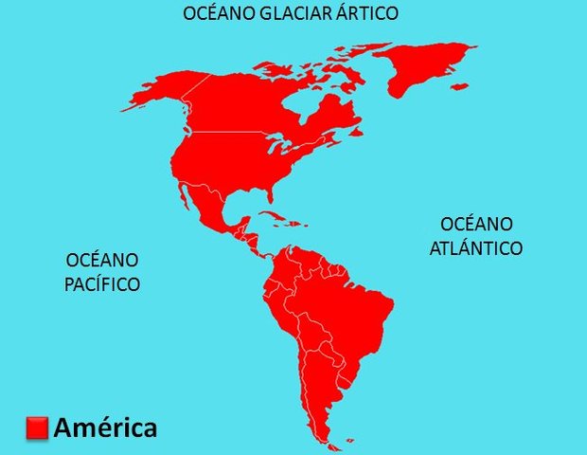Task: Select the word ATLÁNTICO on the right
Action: click(x=476, y=248)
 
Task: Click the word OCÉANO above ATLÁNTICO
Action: click(x=476, y=225)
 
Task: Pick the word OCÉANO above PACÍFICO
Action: click(x=102, y=260)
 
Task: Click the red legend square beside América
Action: click(x=37, y=428)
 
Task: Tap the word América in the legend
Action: click(x=105, y=428)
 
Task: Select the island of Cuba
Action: click(x=280, y=219)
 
